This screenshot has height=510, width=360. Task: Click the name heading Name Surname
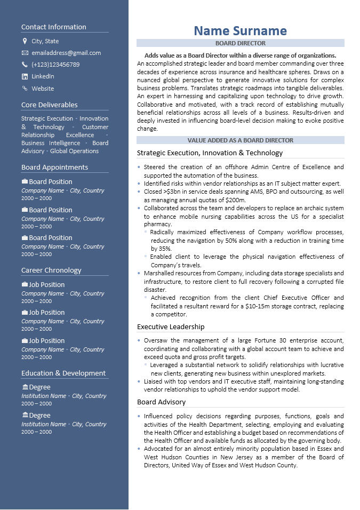click(240, 31)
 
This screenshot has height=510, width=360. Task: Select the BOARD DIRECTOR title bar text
click(240, 43)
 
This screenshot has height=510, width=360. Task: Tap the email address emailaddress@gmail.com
click(66, 53)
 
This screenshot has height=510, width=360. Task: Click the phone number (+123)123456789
click(55, 65)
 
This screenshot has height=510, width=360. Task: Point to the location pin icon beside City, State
click(25, 41)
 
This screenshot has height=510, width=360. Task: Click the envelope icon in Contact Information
click(25, 53)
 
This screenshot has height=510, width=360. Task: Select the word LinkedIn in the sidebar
click(43, 76)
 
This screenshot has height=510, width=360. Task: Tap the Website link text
click(43, 89)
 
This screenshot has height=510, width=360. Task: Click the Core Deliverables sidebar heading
click(49, 105)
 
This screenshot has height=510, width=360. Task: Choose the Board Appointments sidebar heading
click(54, 168)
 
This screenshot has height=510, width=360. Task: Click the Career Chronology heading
click(51, 270)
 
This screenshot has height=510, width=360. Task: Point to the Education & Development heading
click(63, 373)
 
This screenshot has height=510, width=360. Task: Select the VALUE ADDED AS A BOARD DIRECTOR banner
click(240, 140)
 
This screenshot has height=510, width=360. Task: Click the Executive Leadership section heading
click(171, 326)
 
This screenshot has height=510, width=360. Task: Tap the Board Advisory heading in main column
click(161, 402)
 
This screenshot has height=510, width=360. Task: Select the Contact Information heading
click(53, 27)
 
